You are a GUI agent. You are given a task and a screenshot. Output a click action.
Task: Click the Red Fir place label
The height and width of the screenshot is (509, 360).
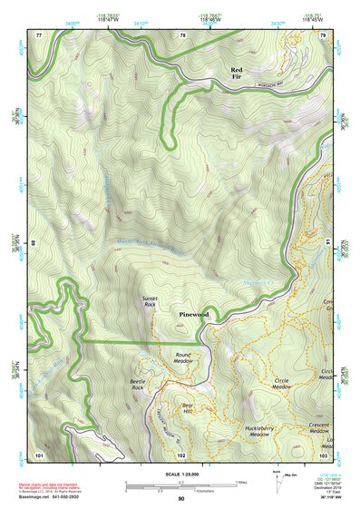coord(237,74)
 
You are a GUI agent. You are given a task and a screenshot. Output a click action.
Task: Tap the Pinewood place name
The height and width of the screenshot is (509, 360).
coord(192,314)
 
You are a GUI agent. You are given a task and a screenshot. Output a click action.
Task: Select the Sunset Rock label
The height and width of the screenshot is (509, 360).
coord(150,302)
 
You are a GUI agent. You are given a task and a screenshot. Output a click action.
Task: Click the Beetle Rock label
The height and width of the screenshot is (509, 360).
coord(142,385)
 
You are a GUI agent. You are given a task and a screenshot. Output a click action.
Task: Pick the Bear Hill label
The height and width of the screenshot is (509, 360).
coord(189,409)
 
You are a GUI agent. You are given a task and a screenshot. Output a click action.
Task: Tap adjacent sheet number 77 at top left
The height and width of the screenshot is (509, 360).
coord(38,34)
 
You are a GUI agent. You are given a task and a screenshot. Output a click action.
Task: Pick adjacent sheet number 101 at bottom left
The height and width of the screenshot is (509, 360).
coord(39,454)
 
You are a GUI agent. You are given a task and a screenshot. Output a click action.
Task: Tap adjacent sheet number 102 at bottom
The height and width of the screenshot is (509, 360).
coord(181,454)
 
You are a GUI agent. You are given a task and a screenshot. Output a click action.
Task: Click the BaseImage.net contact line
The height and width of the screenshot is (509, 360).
coord(45,496)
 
